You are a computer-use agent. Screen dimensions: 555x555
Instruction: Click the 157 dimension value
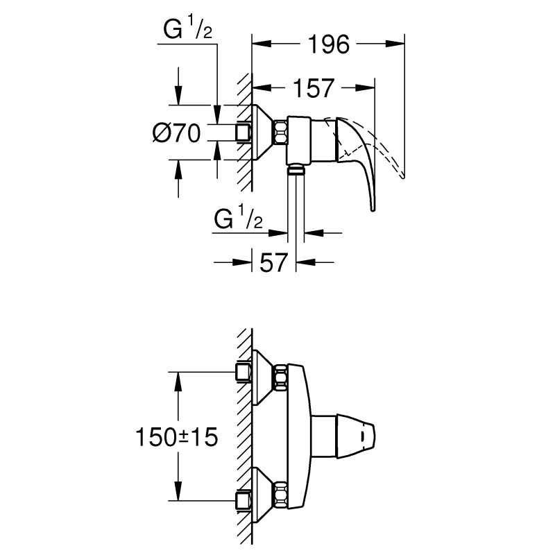311,89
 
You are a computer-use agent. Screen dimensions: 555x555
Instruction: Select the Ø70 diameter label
176,132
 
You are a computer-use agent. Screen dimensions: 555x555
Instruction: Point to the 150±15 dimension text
176,436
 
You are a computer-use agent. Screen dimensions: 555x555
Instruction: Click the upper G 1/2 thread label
186,31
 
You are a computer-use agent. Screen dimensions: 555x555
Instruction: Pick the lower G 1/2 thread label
238,219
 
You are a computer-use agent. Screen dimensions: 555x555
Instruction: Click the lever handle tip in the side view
373,207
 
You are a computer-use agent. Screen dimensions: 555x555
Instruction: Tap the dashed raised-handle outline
388,149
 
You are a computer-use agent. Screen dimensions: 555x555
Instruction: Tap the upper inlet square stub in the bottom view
243,373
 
